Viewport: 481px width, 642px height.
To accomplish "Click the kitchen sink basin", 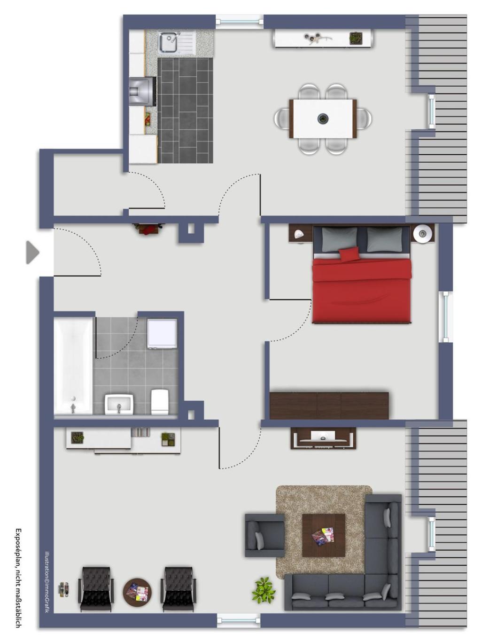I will (x=168, y=42).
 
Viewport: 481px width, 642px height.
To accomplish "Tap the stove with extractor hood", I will (x=142, y=91).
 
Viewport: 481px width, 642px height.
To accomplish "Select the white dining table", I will (x=323, y=119).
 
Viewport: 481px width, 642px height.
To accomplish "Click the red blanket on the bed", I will (x=362, y=292).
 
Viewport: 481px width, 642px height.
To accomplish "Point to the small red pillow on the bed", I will (x=349, y=254).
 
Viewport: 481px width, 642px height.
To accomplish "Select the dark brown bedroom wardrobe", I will (x=329, y=405).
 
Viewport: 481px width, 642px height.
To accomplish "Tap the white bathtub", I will (x=73, y=365).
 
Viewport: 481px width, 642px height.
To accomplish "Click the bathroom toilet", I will (x=160, y=401).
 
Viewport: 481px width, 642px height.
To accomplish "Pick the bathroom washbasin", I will (x=119, y=404).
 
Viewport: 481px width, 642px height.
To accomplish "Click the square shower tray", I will (x=162, y=333).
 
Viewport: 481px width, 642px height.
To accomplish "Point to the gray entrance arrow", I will (x=32, y=252).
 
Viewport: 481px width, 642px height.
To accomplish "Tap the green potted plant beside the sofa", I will (x=264, y=590).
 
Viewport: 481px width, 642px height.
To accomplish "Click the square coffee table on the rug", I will (x=323, y=535).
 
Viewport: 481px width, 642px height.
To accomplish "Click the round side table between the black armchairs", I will (x=137, y=592).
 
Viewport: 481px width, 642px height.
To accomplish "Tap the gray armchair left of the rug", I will (x=264, y=535).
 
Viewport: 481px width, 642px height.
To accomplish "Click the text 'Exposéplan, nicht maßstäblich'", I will (x=18, y=578).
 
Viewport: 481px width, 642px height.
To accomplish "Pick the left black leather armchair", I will (x=96, y=589).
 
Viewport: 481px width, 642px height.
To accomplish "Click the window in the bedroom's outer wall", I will (x=444, y=317).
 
